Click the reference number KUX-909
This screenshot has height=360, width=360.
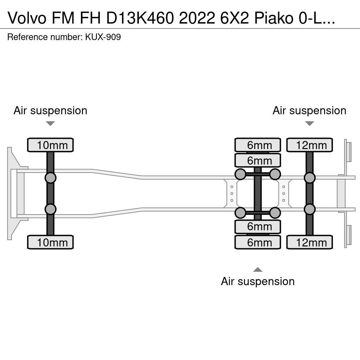[x=103, y=37]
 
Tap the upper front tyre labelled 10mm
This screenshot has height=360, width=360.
[x=50, y=145]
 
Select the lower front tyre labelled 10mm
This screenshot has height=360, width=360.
[x=50, y=242]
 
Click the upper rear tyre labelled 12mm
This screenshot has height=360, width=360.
[x=309, y=145]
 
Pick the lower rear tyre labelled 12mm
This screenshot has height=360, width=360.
[x=309, y=242]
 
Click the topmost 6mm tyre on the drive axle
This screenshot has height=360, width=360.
[x=258, y=145]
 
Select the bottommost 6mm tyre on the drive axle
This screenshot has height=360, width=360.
[x=258, y=242]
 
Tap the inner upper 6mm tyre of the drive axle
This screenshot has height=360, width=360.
[x=258, y=160]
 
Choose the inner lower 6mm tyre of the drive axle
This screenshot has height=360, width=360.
[x=258, y=227]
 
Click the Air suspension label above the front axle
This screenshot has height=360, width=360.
[x=50, y=110]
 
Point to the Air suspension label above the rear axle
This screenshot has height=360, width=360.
[x=309, y=110]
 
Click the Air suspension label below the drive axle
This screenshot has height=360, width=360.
[x=258, y=281]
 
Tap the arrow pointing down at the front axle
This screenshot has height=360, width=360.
[x=50, y=123]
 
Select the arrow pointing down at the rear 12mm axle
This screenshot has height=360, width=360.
[x=309, y=123]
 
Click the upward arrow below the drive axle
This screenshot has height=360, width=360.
[x=258, y=270]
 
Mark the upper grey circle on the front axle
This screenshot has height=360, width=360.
[x=50, y=178]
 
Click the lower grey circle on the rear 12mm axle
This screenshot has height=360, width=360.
[x=309, y=210]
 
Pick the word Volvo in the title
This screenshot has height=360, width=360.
[x=26, y=18]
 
